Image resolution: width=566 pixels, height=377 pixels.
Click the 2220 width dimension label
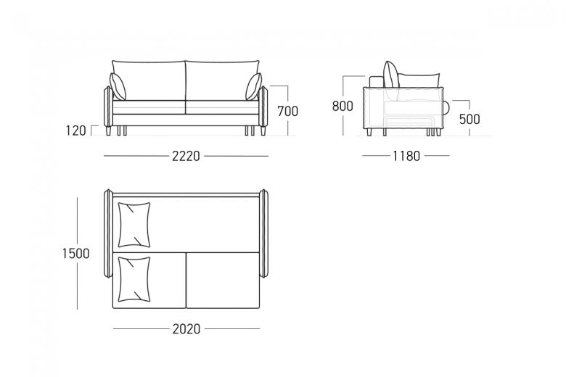click(x=186, y=156)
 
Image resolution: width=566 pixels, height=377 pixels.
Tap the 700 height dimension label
click(x=287, y=111)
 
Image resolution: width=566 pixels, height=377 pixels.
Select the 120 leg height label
click(x=75, y=130)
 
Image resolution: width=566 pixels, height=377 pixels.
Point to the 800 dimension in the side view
click(x=343, y=106)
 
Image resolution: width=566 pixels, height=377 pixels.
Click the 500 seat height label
click(x=469, y=119)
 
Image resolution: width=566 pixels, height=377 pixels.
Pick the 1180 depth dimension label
click(x=406, y=156)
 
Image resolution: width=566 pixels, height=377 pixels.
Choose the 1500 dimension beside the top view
click(x=75, y=253)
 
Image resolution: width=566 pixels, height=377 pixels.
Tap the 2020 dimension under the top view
click(x=186, y=328)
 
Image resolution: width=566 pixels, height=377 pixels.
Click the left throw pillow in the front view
click(x=118, y=86)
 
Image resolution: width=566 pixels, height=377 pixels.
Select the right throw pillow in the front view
click(x=254, y=86)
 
